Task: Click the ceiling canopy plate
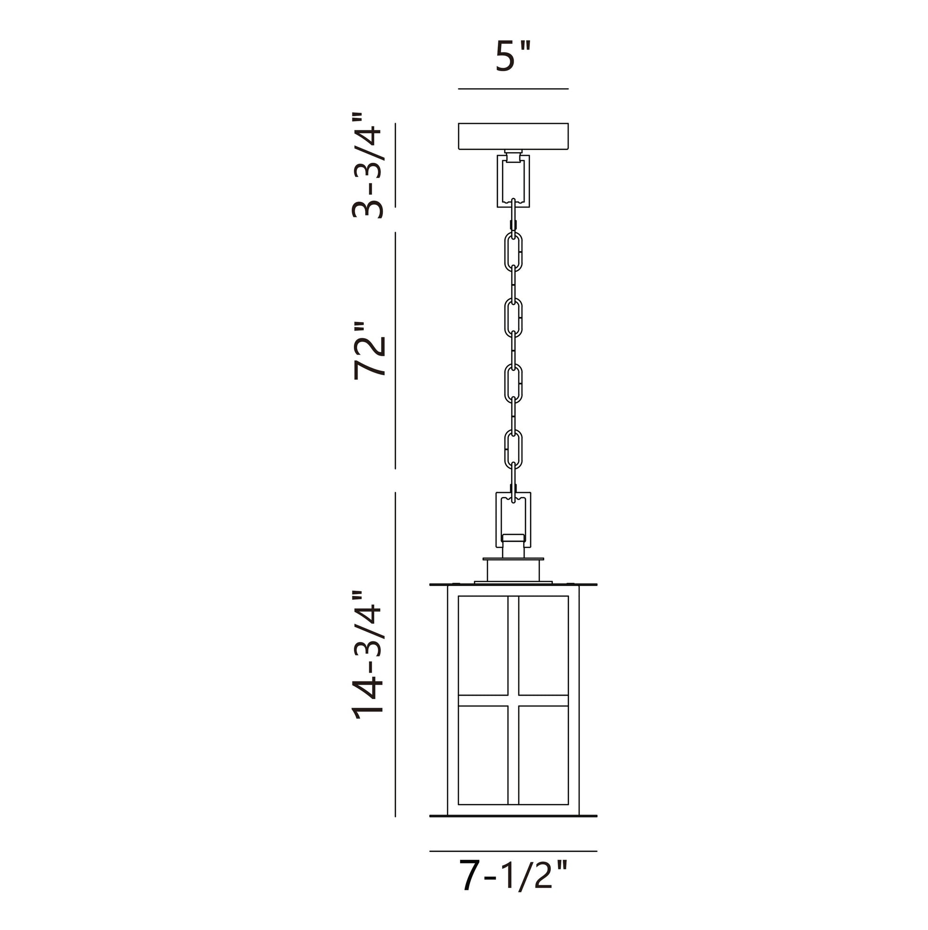[x=513, y=136]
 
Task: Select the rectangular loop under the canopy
[x=513, y=180]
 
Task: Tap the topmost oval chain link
[x=513, y=251]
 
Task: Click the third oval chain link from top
[x=513, y=384]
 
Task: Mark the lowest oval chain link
[x=513, y=449]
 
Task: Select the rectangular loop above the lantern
[x=513, y=519]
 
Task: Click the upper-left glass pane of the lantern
[x=483, y=646]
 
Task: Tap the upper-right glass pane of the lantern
[x=544, y=646]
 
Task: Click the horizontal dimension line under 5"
[x=513, y=89]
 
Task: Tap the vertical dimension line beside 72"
[x=395, y=350]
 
